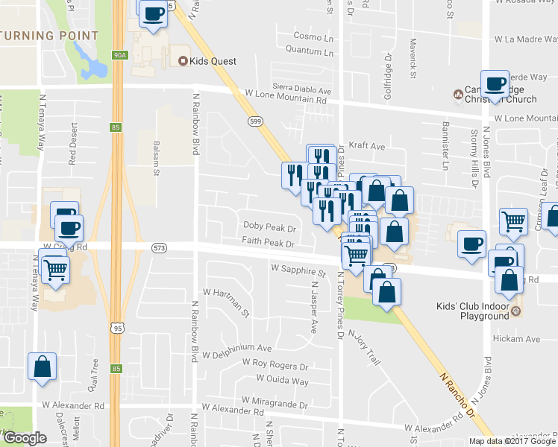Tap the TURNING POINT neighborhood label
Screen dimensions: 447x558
click(49, 35)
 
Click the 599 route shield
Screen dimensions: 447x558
click(254, 121)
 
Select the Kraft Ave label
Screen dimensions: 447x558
click(367, 148)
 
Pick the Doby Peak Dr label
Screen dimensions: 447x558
click(269, 226)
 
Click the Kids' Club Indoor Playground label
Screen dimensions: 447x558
click(474, 311)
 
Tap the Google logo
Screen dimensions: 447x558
click(25, 438)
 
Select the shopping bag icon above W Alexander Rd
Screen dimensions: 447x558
click(42, 366)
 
